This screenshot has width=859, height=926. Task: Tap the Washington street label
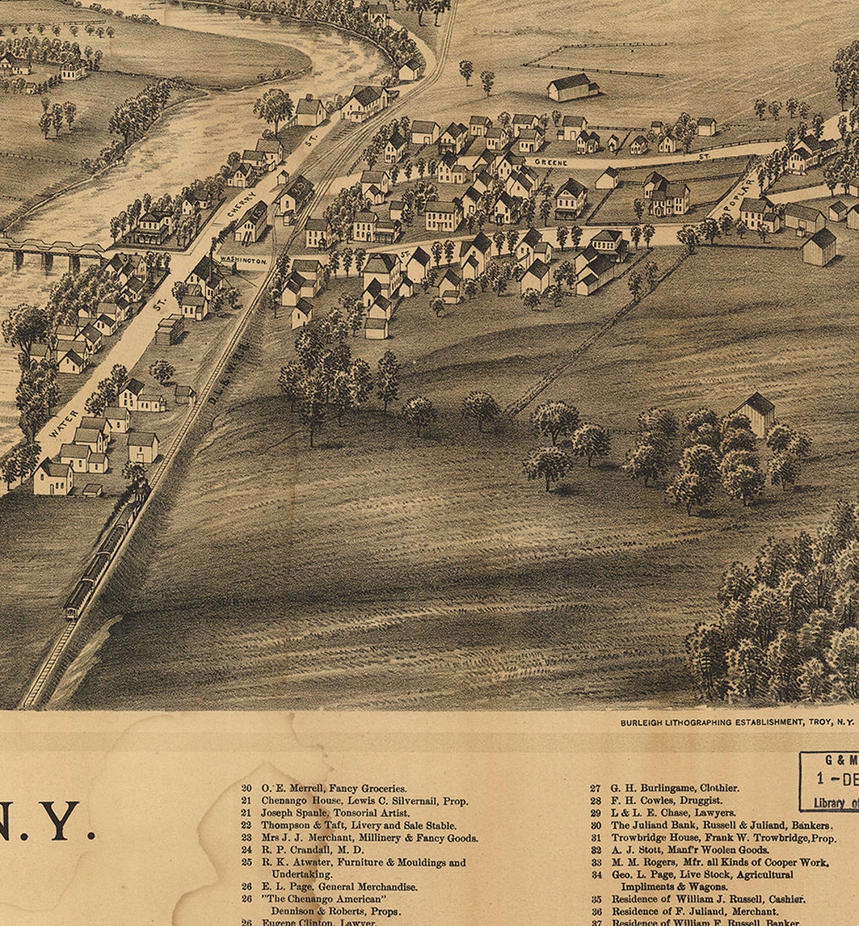(242, 260)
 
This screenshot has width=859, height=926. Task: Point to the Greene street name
(551, 162)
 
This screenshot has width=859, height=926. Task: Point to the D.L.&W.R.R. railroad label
(227, 368)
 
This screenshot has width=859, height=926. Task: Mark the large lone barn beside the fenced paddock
(572, 87)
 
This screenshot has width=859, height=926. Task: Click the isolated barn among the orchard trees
(756, 412)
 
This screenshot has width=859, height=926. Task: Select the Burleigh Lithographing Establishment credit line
(736, 722)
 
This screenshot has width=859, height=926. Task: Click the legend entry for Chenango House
(364, 801)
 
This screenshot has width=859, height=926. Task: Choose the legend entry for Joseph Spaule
(335, 813)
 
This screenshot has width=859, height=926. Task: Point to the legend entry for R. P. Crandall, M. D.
(312, 850)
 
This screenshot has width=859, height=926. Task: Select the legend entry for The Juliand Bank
(721, 826)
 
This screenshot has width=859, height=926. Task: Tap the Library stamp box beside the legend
(829, 781)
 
